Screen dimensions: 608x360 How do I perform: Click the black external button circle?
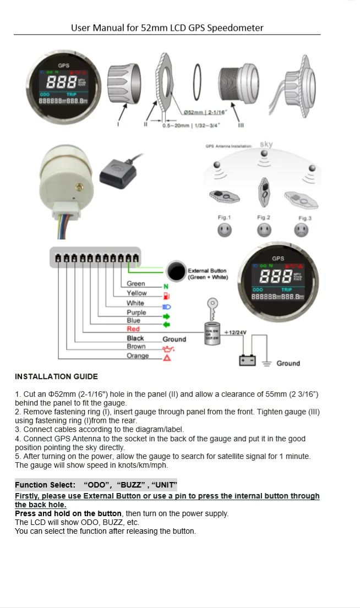pyautogui.click(x=177, y=272)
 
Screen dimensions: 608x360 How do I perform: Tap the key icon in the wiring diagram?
pyautogui.click(x=212, y=305)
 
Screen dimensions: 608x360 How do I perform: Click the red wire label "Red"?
pyautogui.click(x=133, y=329)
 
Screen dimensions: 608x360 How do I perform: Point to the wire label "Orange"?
pyautogui.click(x=138, y=355)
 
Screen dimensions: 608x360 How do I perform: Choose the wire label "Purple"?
pyautogui.click(x=136, y=313)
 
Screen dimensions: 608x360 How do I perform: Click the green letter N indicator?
pyautogui.click(x=166, y=287)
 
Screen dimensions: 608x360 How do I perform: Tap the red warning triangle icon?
pyautogui.click(x=166, y=358)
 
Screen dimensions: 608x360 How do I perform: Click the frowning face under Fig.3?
pyautogui.click(x=302, y=231)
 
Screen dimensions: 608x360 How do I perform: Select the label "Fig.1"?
pyautogui.click(x=225, y=218)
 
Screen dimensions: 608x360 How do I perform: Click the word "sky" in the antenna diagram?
pyautogui.click(x=266, y=145)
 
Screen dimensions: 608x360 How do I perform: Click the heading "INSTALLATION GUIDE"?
pyautogui.click(x=56, y=376)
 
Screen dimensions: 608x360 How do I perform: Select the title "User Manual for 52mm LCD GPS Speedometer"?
pyautogui.click(x=167, y=28)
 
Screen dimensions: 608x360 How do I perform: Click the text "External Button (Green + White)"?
pyautogui.click(x=208, y=274)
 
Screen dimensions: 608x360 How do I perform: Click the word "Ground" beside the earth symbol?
pyautogui.click(x=288, y=363)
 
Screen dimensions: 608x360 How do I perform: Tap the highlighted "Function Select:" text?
pyautogui.click(x=45, y=485)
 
